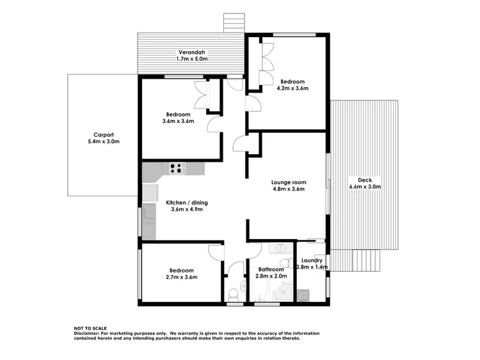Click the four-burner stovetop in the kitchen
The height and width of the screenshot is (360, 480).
tap(178, 168)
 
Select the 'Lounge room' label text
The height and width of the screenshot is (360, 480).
tap(288, 181)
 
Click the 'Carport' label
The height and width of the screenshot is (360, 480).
tap(104, 134)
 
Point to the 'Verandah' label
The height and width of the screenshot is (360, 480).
tap(192, 51)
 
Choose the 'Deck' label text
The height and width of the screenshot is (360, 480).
tap(365, 180)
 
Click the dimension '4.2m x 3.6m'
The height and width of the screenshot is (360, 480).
tap(292, 88)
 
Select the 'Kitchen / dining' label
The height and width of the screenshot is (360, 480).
tap(187, 202)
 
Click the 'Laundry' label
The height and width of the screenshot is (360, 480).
tap(312, 260)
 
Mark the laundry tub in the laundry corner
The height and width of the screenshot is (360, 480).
tap(303, 294)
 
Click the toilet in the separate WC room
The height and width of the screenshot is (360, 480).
tap(234, 293)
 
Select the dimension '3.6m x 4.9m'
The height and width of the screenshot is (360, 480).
tap(187, 209)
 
